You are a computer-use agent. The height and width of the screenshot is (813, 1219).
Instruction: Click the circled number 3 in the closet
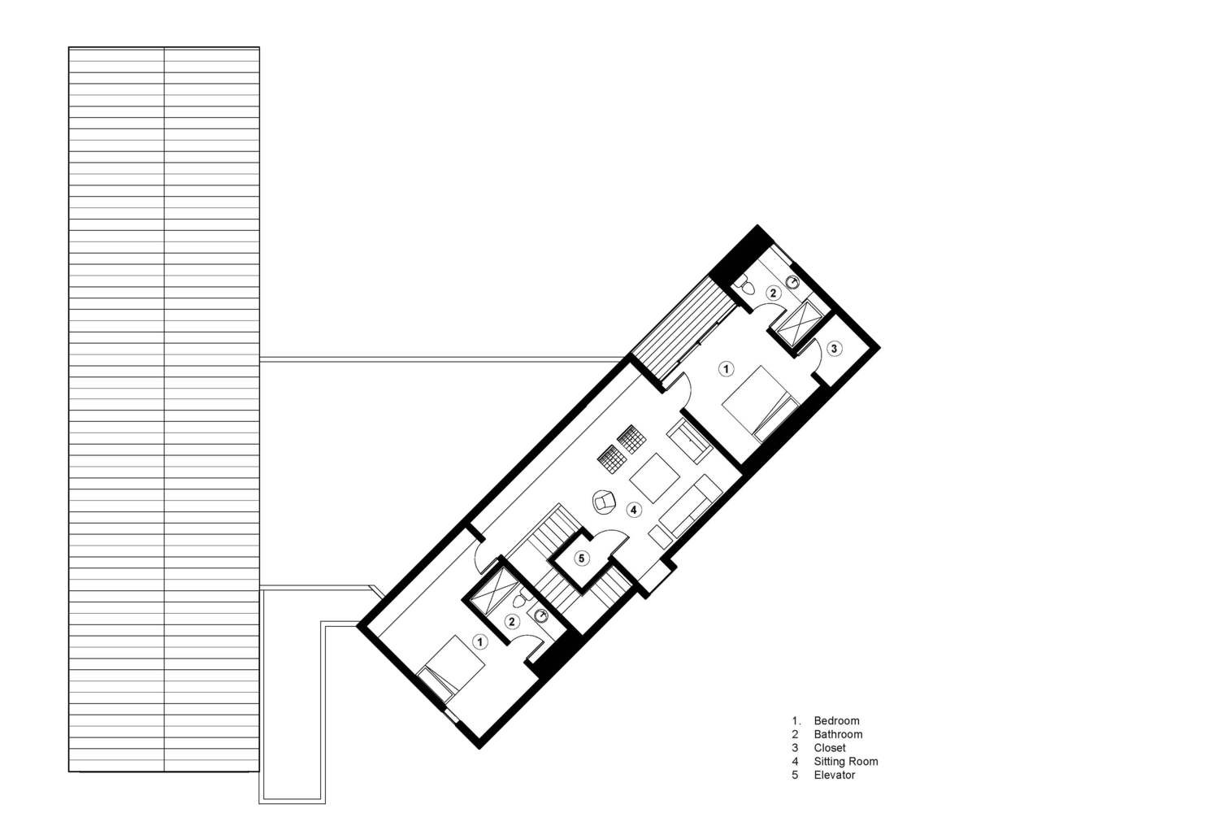pos(836,348)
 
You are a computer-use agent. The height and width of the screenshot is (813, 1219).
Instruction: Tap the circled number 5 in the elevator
pos(581,559)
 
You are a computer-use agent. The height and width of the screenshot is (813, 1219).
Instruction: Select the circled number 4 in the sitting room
pos(634,510)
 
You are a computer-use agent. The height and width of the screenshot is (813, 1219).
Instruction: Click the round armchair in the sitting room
pos(605,501)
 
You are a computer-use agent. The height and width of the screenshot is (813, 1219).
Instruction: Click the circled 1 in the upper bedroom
pos(727,369)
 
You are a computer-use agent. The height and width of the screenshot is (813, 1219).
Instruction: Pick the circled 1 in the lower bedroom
pos(480,642)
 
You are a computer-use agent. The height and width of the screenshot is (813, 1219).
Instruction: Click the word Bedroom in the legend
pos(836,721)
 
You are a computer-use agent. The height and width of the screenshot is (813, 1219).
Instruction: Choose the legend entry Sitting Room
pos(845,762)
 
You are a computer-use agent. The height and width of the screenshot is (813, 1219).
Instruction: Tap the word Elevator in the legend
pos(835,776)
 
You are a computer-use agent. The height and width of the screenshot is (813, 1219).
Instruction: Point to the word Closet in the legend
pos(830,748)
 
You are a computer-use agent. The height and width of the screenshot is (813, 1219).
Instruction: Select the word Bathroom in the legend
pos(838,735)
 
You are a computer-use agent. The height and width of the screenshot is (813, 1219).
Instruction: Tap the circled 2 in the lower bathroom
pos(511,622)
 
